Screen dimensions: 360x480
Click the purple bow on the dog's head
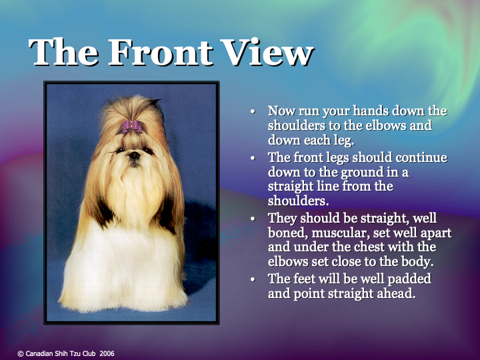131,126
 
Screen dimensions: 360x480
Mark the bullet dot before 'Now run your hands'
253,111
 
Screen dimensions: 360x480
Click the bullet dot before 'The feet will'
253,279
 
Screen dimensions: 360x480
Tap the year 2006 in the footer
107,353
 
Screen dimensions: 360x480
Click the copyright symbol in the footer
20,353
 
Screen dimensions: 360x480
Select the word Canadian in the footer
39,353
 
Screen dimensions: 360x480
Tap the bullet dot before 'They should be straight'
253,219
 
